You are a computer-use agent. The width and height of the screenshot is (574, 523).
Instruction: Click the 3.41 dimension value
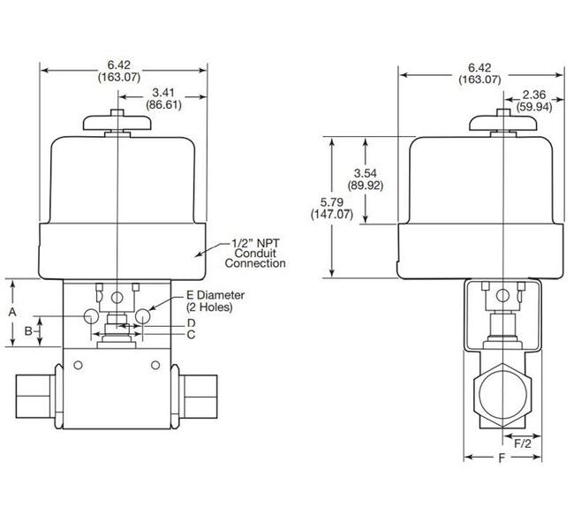(162, 92)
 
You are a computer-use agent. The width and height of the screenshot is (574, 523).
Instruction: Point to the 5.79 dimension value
(315, 202)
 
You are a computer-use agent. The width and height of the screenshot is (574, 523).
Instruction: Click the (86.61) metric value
(162, 104)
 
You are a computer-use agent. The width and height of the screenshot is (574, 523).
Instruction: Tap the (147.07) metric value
(315, 215)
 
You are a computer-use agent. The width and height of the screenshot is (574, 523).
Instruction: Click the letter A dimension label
(11, 313)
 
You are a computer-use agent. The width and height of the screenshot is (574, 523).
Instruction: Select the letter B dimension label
(28, 331)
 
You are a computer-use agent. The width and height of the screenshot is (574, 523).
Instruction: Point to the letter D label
(191, 324)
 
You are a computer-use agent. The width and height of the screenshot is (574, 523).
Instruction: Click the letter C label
(191, 335)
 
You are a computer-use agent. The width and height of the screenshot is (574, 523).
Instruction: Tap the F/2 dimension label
(523, 443)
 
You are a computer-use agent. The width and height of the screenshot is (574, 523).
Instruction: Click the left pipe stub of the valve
(35, 390)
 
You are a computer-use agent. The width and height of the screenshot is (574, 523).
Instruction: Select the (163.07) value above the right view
(480, 80)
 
